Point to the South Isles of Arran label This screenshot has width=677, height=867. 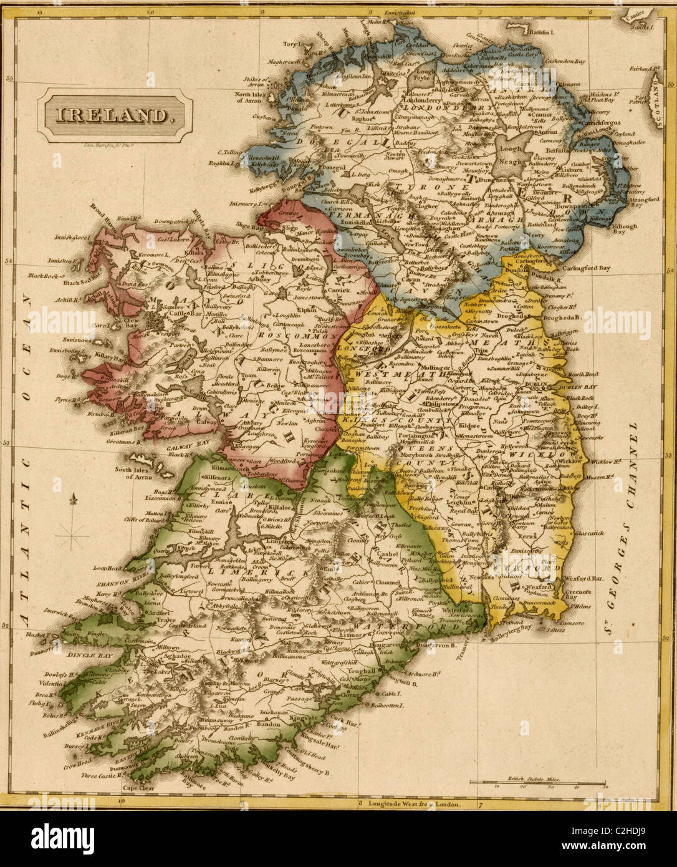point(134,473)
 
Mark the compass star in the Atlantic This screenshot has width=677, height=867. point(74,535)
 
